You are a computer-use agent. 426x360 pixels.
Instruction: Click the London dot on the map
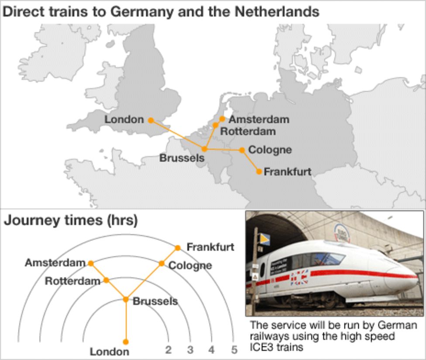coord(151,120)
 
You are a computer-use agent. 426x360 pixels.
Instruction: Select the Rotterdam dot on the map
coord(215,125)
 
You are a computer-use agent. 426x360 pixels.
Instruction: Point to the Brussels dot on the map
coord(204,149)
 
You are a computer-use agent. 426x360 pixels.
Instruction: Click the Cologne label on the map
coord(270,150)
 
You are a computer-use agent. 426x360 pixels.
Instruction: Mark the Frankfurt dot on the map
coord(259,172)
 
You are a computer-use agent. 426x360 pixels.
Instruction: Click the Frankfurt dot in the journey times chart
coord(178,248)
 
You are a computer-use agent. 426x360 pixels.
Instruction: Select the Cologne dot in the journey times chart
coord(161,263)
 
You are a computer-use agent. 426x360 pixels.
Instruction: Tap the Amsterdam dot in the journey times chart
coord(91,263)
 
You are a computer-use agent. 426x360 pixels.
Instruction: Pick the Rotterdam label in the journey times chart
coord(72,281)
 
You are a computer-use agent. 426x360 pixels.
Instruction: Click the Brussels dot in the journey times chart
coord(126,299)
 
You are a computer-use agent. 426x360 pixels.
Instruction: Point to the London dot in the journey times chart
coord(126,342)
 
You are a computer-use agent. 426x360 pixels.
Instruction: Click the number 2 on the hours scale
coord(168,350)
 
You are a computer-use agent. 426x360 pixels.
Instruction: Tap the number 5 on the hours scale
coord(234,350)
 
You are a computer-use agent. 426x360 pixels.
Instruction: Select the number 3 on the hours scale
coord(190,350)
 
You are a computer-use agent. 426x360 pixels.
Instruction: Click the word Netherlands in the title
coord(277,11)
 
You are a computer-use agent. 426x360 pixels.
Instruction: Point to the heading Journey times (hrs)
coord(71,221)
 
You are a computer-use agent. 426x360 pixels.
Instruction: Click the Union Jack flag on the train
coord(299,277)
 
